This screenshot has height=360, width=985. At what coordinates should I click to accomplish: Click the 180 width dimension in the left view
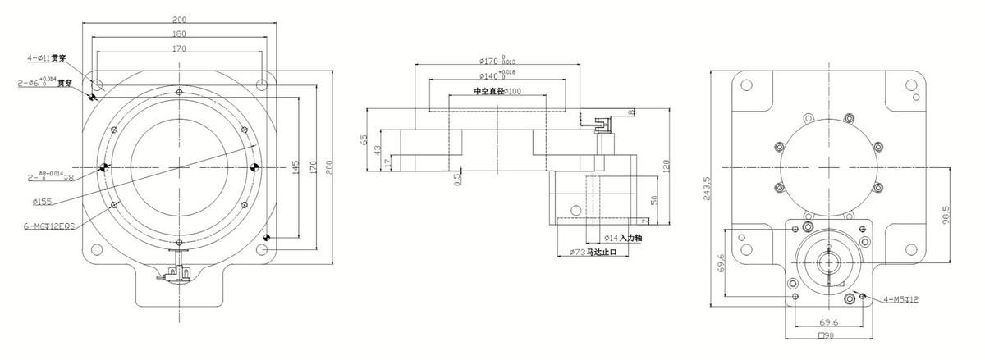coord(179,34)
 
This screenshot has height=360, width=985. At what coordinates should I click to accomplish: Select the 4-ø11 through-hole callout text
coord(46,58)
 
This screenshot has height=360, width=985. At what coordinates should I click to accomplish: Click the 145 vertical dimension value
coord(295,166)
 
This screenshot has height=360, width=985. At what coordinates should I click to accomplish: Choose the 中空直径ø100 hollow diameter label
coord(497,91)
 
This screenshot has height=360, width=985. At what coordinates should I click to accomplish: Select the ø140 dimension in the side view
coord(497,75)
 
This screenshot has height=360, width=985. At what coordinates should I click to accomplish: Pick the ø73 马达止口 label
coord(598,253)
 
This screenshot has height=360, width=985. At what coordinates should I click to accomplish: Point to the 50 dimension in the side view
coord(653,200)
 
